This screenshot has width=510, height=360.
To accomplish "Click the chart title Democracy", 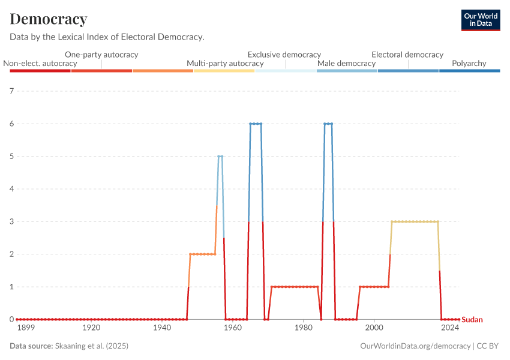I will point(49,19).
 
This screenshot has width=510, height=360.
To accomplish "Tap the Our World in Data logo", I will point(480,20).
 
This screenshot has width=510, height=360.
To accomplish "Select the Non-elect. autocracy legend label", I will point(40,64).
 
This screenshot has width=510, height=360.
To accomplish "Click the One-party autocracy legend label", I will point(101,55).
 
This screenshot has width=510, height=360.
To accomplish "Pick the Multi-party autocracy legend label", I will point(225,64).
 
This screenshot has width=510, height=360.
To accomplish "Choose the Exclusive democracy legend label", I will point(284,55).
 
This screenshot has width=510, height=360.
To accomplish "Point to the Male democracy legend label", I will point(346,64).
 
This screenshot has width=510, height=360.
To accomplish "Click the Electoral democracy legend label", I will point(407,55).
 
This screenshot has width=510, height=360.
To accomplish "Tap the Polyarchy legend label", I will point(469,64).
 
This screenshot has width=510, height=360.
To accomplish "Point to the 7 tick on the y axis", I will point(11,91).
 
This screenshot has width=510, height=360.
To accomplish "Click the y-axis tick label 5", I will point(11,157).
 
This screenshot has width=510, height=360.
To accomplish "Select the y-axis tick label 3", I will point(11,221).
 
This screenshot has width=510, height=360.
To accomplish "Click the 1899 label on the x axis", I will point(25,328).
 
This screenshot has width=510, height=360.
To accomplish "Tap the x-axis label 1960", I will point(233,328).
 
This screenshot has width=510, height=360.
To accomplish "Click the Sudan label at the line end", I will point(472,320).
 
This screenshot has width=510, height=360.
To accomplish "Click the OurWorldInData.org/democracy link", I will point(415,346).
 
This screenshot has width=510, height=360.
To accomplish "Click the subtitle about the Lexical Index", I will point(107,37).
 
